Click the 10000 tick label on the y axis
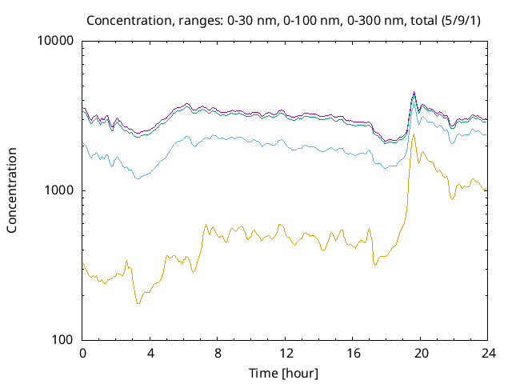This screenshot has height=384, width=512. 56,42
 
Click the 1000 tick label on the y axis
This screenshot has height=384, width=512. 59,190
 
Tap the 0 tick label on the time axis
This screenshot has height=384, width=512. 82,354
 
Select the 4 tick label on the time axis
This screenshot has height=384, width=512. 150,354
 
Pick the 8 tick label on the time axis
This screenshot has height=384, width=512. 218,354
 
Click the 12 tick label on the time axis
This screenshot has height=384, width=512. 285,354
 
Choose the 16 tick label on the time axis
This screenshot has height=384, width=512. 353,354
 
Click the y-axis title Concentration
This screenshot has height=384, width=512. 12,190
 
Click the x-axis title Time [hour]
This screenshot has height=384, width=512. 285,373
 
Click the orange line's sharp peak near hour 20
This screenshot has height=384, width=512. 414,135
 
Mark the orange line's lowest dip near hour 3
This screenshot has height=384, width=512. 138,303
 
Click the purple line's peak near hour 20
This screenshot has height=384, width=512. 414,92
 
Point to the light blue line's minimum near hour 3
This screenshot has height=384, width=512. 138,178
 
